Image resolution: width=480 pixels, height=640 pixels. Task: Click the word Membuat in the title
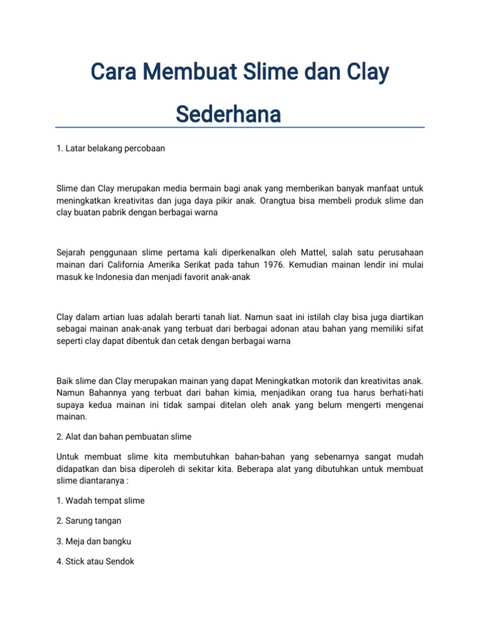pyautogui.click(x=182, y=72)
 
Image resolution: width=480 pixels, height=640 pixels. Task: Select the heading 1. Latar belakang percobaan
pyautogui.click(x=111, y=149)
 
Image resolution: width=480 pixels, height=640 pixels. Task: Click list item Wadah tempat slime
pyautogui.click(x=100, y=501)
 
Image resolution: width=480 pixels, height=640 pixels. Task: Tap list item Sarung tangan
pyautogui.click(x=89, y=521)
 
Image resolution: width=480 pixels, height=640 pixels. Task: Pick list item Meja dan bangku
pyautogui.click(x=93, y=541)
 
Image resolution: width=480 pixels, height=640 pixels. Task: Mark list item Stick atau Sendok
pyautogui.click(x=95, y=561)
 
